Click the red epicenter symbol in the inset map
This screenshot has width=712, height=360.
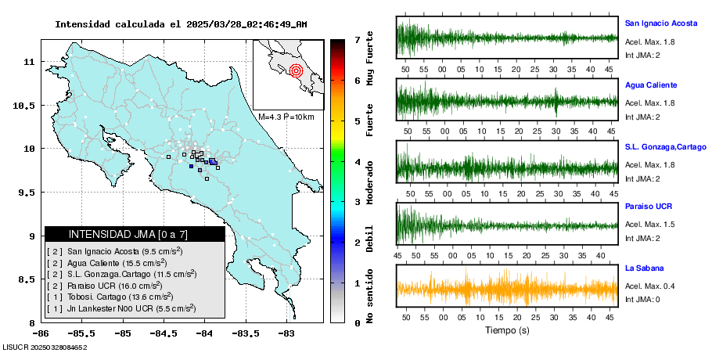(x=296, y=71)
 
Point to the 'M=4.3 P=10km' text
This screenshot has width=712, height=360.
(x=286, y=117)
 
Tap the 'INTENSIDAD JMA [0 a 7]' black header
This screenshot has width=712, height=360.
(x=135, y=234)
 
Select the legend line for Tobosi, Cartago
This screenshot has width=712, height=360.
(x=110, y=297)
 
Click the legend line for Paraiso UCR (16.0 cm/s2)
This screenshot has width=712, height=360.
(x=110, y=286)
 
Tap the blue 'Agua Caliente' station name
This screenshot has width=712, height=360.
(x=651, y=85)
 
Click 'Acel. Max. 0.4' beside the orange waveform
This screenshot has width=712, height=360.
(x=649, y=286)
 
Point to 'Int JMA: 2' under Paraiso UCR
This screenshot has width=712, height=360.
(x=642, y=237)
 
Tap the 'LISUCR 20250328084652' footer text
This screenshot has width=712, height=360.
(x=45, y=346)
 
